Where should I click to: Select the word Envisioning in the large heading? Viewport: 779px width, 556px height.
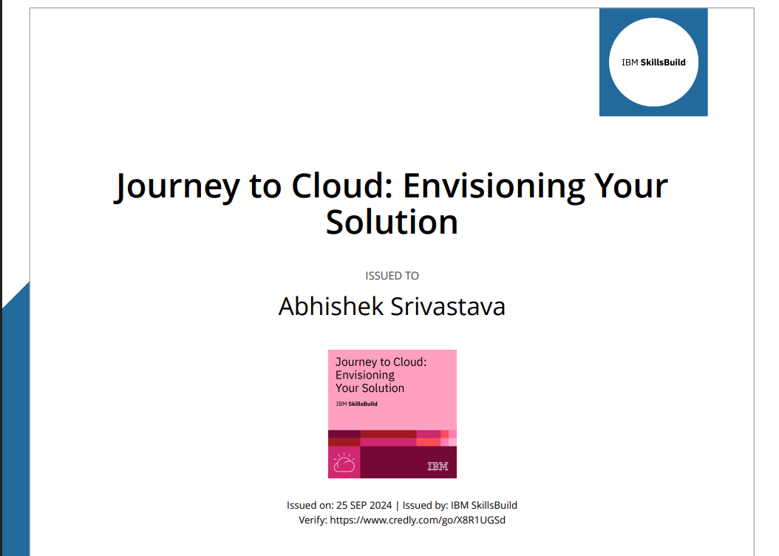(x=486, y=185)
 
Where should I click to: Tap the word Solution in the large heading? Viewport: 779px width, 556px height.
(x=392, y=222)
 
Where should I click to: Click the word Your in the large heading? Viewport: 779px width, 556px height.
(x=627, y=185)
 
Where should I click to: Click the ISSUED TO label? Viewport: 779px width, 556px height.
(x=392, y=276)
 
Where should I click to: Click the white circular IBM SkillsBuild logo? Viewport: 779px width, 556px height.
(x=653, y=62)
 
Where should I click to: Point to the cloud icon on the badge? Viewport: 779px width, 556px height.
(x=344, y=463)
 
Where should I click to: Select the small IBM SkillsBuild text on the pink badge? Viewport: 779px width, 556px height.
(x=356, y=404)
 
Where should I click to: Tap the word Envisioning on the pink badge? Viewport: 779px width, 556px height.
(x=365, y=375)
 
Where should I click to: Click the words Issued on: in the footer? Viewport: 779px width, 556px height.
(x=310, y=506)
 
